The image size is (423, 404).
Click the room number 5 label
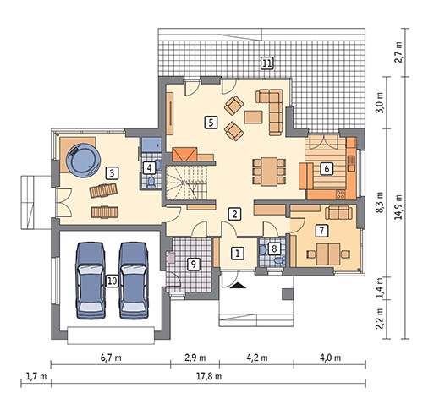[x=211, y=123]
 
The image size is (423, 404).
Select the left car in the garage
[x=91, y=281]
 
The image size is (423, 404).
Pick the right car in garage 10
[x=134, y=281]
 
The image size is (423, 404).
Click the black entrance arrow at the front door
[x=238, y=286]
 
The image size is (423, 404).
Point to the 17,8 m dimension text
[x=209, y=376]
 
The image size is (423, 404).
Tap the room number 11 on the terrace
[x=266, y=63]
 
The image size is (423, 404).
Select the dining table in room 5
[x=269, y=172]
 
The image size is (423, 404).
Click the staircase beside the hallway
[x=186, y=183]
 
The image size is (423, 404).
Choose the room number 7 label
[x=321, y=231]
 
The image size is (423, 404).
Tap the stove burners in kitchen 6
[x=340, y=194]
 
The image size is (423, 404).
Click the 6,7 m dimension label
[x=111, y=358]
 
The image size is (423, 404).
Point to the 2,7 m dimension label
[x=398, y=52]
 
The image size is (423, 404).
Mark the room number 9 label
[x=193, y=264]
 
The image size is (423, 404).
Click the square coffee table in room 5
[x=253, y=117]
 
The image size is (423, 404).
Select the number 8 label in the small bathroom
[x=274, y=248]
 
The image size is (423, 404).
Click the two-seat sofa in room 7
[x=338, y=213]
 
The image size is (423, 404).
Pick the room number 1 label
[x=237, y=254]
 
